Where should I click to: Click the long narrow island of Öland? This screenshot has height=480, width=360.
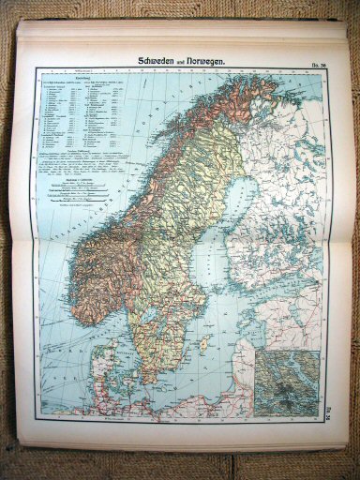click(184, 359)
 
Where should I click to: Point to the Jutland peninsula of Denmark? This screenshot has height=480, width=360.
click(106, 370)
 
